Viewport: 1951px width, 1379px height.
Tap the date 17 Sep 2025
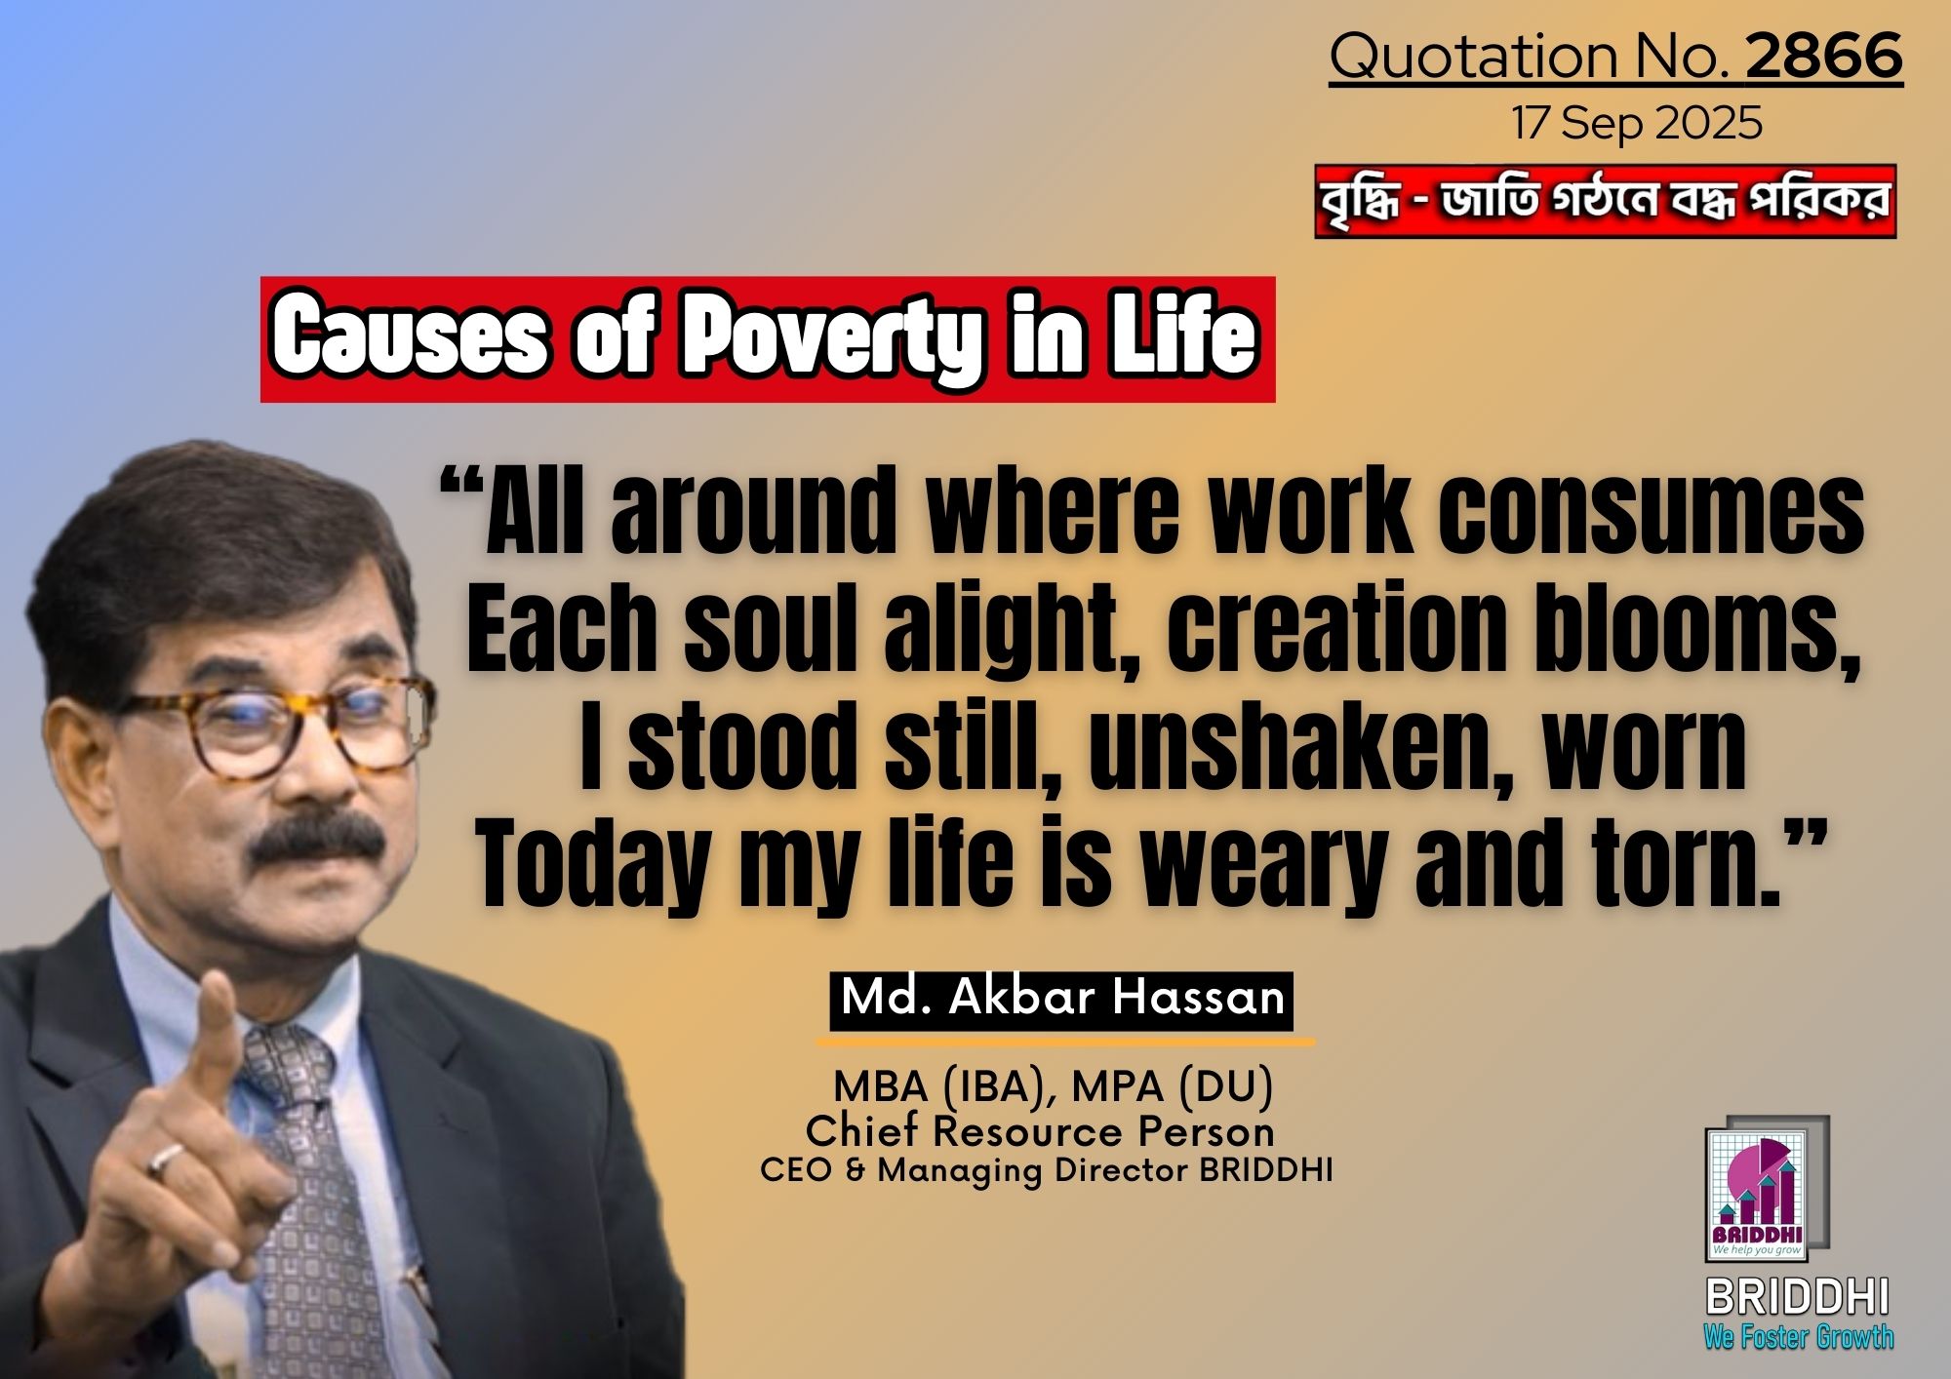point(1637,124)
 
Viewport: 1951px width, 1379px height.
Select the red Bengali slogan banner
point(1605,202)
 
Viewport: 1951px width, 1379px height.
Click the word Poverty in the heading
point(830,339)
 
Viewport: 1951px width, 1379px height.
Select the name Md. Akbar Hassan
point(1062,1000)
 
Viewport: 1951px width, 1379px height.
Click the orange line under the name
point(1065,1042)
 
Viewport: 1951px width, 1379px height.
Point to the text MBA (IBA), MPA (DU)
point(1053,1086)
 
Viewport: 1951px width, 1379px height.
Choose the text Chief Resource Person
point(1040,1131)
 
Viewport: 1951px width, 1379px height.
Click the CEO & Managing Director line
point(1046,1170)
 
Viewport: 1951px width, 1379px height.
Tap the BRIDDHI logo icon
point(1767,1190)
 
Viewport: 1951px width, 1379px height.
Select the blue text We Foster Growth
point(1799,1336)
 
